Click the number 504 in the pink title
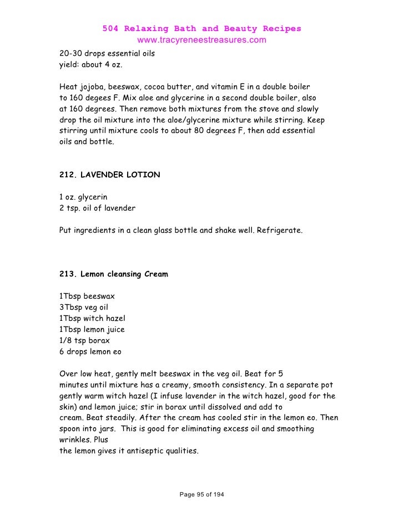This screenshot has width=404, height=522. tap(111, 29)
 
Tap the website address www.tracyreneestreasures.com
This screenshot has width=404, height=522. tap(201, 40)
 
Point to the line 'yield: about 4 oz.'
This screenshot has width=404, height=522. tap(91, 65)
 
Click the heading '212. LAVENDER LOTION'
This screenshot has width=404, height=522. tap(109, 175)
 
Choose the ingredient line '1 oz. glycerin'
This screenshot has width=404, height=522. tap(83, 197)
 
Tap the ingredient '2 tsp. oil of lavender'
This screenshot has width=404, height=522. tap(97, 208)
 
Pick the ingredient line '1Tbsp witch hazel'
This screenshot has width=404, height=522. tap(92, 318)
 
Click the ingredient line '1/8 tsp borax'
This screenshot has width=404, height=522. tap(84, 340)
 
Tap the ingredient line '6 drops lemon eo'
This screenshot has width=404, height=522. tap(90, 351)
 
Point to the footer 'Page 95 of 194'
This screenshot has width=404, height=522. tap(202, 494)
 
